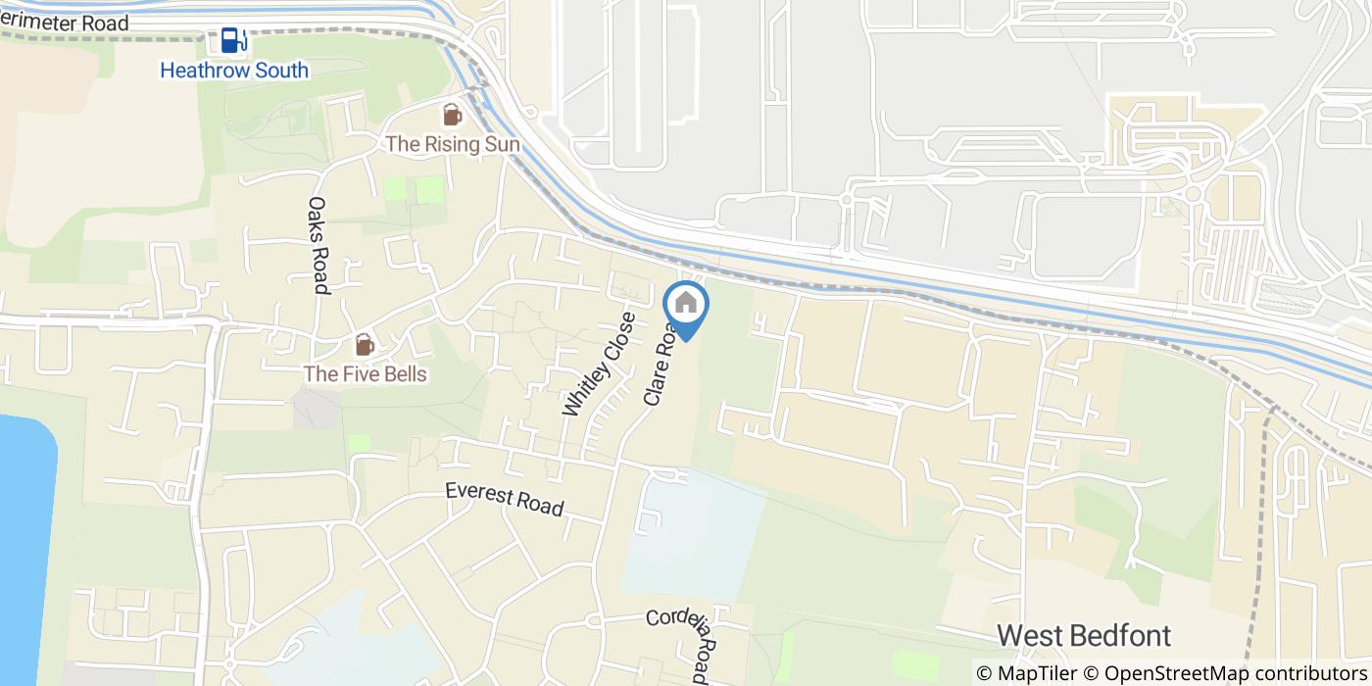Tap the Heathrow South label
[x=234, y=71]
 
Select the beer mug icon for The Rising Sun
[x=452, y=116]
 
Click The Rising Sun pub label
[x=452, y=144]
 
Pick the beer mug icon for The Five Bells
[x=365, y=345]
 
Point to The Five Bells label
[x=365, y=374]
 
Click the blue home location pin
[x=686, y=305]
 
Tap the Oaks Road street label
[x=318, y=245]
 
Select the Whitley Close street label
[x=599, y=365]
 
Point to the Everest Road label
[x=504, y=499]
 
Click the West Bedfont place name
[x=1084, y=635]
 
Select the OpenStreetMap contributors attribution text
[x=1234, y=673]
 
